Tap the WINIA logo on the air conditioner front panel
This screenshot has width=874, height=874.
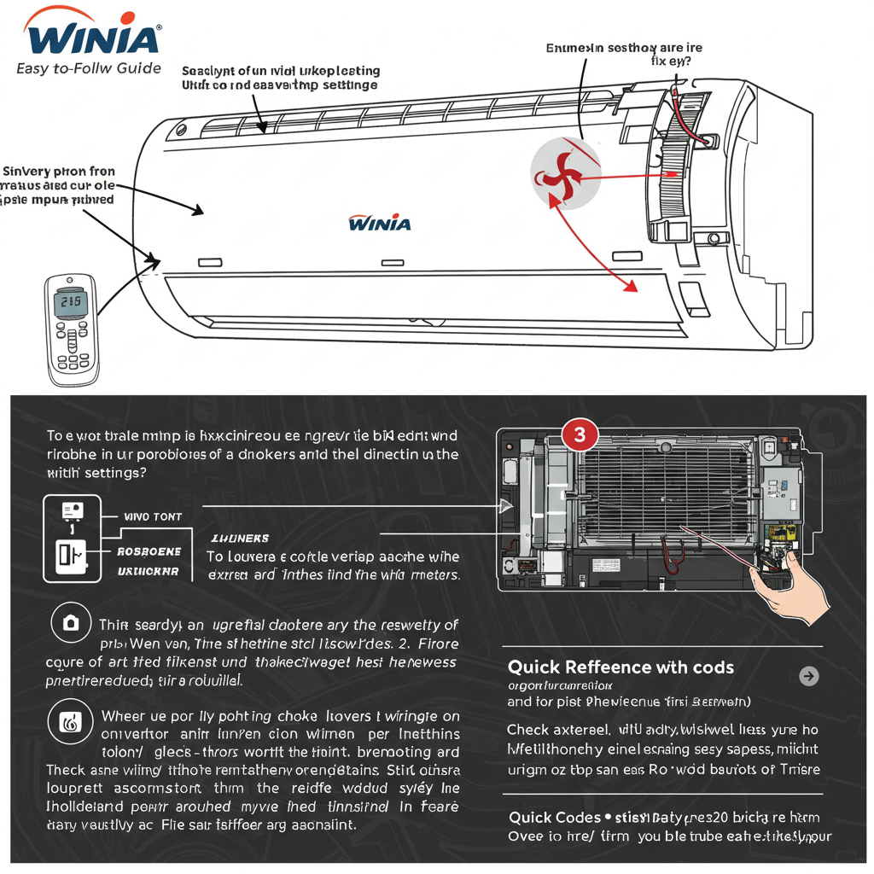click(x=380, y=224)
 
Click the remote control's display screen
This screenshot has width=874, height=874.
click(x=69, y=301)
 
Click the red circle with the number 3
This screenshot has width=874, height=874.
click(x=580, y=434)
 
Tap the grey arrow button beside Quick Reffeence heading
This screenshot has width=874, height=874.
click(x=808, y=676)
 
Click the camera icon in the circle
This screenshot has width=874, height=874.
click(x=69, y=623)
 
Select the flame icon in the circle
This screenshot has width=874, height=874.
click(x=69, y=722)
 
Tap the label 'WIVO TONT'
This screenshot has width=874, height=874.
click(x=153, y=517)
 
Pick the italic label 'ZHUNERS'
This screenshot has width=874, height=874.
click(x=240, y=539)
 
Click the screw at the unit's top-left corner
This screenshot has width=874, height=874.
click(x=179, y=131)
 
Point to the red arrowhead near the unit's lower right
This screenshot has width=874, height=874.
click(x=631, y=287)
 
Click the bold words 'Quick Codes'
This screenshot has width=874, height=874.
click(x=556, y=818)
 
